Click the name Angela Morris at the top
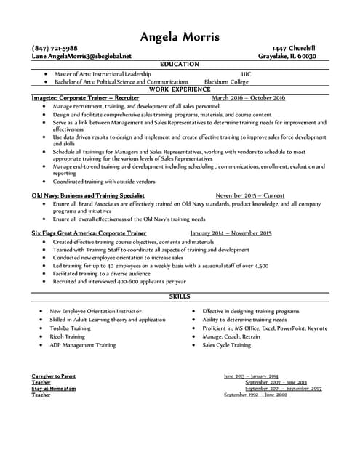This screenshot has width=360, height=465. tap(180, 36)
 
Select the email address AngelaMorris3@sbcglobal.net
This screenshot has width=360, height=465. tap(88, 56)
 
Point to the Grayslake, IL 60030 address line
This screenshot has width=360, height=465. tap(287, 56)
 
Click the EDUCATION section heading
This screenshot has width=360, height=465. tap(180, 65)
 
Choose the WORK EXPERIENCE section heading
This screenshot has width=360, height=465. tap(180, 89)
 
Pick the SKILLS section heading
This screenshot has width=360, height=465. tap(180, 296)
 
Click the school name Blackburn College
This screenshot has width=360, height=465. tap(226, 82)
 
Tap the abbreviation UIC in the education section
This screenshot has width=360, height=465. tap(246, 74)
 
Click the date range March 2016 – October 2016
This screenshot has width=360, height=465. tap(248, 97)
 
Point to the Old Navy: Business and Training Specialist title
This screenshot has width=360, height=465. tap(88, 196)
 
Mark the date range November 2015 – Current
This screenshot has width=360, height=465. tap(250, 196)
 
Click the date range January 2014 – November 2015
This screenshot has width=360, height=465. tap(231, 233)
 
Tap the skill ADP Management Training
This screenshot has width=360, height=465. tap(82, 345)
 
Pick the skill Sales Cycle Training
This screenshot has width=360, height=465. tap(226, 345)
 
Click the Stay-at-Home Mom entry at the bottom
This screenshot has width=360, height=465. tap(54, 389)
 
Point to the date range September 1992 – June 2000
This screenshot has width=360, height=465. tap(255, 395)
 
